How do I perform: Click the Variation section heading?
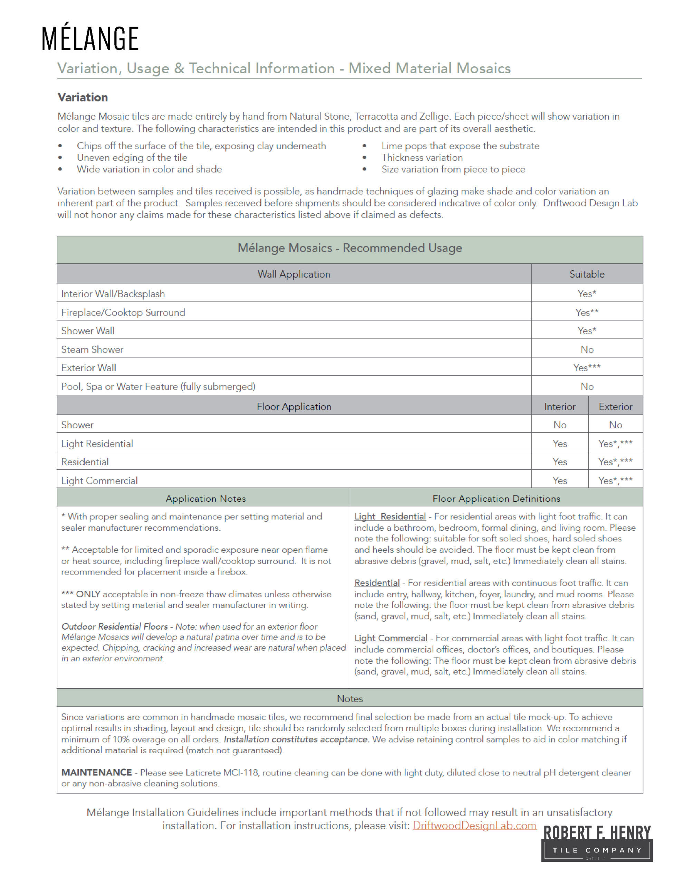pyautogui.click(x=83, y=97)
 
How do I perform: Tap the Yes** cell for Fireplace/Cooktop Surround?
pyautogui.click(x=587, y=313)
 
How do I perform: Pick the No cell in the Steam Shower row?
pyautogui.click(x=587, y=349)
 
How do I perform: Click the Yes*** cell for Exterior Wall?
pyautogui.click(x=587, y=367)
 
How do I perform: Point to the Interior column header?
pyautogui.click(x=559, y=407)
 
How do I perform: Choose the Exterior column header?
pyautogui.click(x=615, y=407)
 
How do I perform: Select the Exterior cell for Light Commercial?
pyautogui.click(x=615, y=481)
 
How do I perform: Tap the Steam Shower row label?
pyautogui.click(x=92, y=349)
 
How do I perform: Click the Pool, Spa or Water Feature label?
pyautogui.click(x=158, y=386)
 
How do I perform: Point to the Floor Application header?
pyautogui.click(x=294, y=407)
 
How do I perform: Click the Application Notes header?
pyautogui.click(x=206, y=499)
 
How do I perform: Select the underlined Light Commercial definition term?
pyautogui.click(x=391, y=638)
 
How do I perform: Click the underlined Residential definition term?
pyautogui.click(x=377, y=583)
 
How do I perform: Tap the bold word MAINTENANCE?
pyautogui.click(x=97, y=772)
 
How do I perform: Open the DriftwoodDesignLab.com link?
pyautogui.click(x=474, y=826)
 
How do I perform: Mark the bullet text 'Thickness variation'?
pyautogui.click(x=422, y=158)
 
